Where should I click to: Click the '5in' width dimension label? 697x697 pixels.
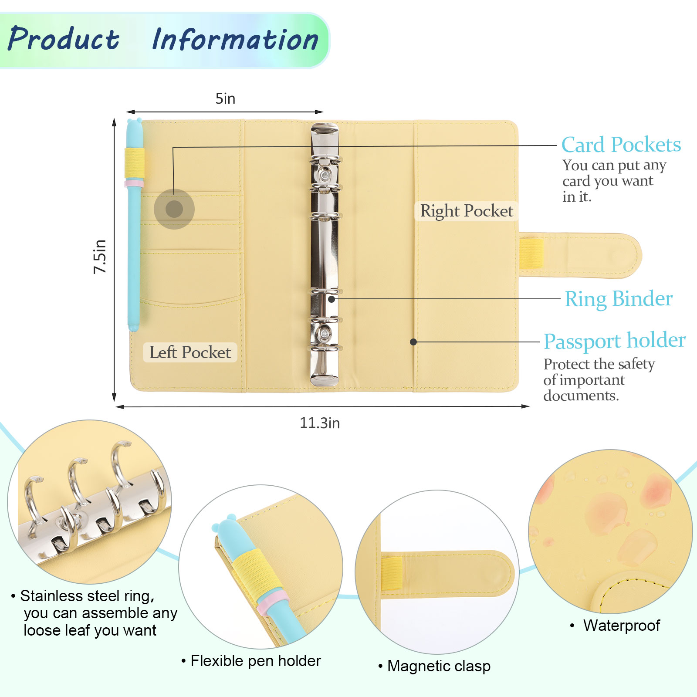[x=225, y=99]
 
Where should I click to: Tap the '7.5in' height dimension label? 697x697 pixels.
[x=100, y=257]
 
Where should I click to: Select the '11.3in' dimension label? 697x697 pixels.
[x=319, y=423]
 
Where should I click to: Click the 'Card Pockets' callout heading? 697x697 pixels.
[x=621, y=145]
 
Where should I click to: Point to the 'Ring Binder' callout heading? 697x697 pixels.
[x=618, y=299]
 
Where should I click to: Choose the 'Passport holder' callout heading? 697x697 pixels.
[x=614, y=341]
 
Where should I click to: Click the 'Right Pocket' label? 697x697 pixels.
[x=466, y=211]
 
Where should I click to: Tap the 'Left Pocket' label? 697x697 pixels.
[x=190, y=352]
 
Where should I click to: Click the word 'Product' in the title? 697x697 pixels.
[x=64, y=39]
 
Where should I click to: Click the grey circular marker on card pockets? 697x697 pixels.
[x=174, y=209]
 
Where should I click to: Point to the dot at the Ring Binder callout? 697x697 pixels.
[x=332, y=299]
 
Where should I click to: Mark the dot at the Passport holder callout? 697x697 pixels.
[x=413, y=342]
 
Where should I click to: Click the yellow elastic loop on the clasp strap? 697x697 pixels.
[x=531, y=254]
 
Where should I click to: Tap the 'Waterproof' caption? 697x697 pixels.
[x=621, y=626]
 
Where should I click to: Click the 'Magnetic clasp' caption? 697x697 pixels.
[x=439, y=666]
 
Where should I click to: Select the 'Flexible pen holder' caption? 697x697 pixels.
[x=255, y=661]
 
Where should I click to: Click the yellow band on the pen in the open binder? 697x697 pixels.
[x=135, y=163]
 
